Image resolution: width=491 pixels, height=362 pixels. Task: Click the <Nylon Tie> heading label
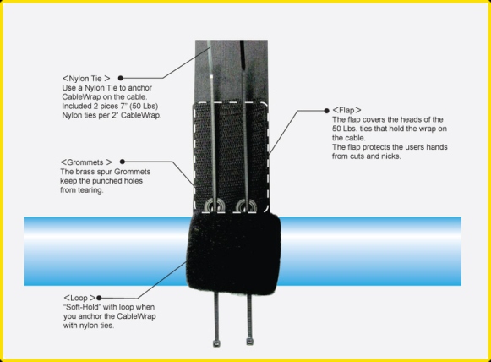click(86, 78)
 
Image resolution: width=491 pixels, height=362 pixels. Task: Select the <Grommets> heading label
click(86, 162)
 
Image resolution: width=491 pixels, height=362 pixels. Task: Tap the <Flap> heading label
click(346, 110)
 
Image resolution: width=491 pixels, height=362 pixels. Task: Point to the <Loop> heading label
click(79, 298)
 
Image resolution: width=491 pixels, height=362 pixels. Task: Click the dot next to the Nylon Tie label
click(121, 78)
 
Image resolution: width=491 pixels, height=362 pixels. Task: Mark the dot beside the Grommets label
click(123, 162)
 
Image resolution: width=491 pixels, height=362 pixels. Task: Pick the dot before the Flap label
click(326, 111)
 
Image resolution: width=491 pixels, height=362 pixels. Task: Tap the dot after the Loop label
click(99, 298)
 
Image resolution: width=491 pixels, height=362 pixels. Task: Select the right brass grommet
click(246, 206)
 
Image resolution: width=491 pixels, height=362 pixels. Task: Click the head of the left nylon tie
click(216, 343)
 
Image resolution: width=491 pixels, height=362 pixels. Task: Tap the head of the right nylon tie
click(249, 342)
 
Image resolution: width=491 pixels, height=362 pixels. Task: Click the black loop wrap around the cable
click(232, 254)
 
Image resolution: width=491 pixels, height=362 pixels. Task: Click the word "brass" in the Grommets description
click(84, 172)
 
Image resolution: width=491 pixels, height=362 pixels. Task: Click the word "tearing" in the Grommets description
click(90, 190)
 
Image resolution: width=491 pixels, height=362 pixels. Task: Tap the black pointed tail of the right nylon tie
click(243, 55)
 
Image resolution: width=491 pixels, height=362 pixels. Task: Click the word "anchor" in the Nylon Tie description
click(140, 88)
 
